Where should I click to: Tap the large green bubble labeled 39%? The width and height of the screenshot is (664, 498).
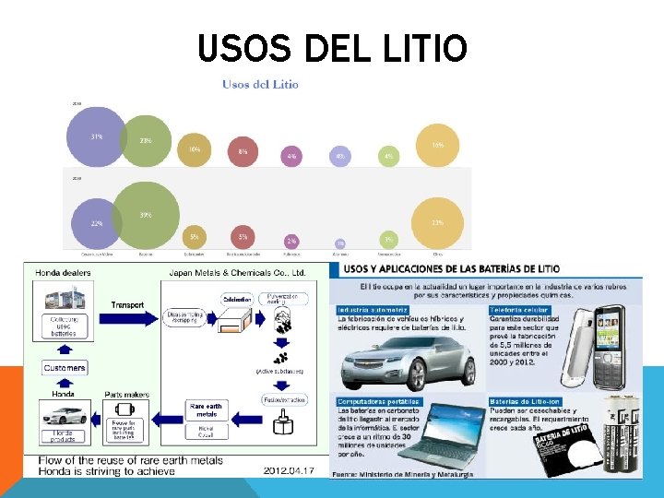tap(145, 217)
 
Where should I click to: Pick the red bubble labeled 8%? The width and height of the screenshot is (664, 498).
tap(243, 151)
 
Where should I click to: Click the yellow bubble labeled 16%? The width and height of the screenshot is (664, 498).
tap(437, 146)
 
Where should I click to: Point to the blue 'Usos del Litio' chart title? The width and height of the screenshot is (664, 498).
tap(260, 84)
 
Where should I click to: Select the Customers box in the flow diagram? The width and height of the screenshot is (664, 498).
tap(65, 368)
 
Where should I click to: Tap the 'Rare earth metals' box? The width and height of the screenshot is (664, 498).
tap(205, 409)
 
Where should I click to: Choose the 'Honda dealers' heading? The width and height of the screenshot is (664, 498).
tap(65, 272)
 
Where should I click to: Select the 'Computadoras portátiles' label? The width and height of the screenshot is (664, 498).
tap(379, 402)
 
